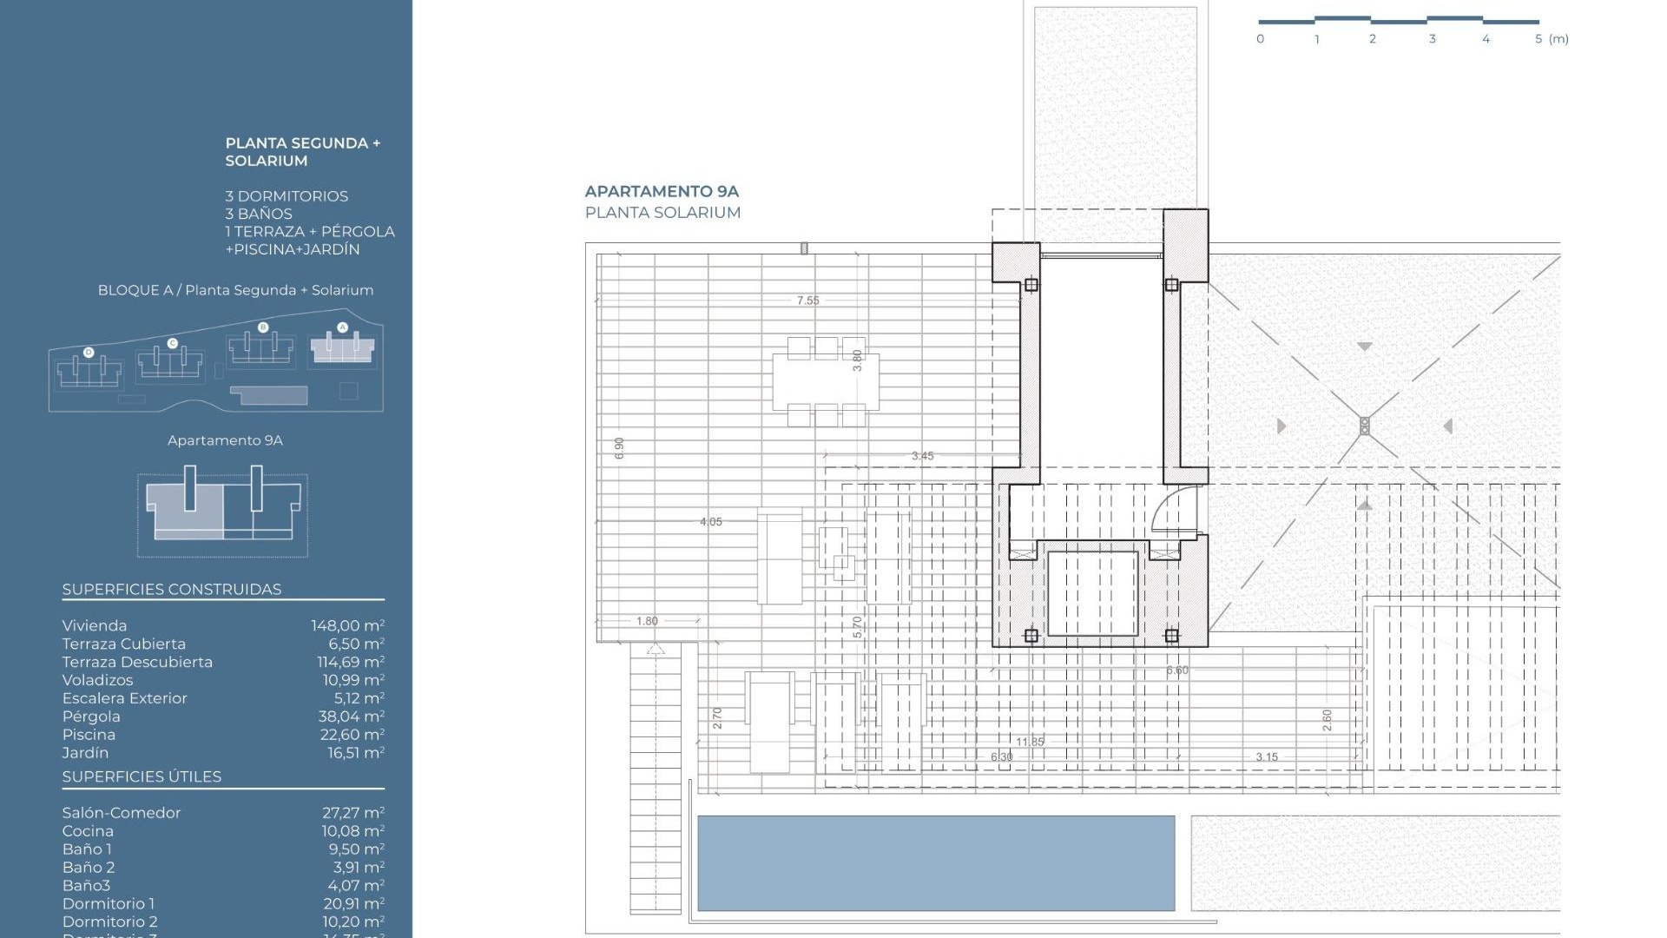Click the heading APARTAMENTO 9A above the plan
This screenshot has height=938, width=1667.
point(662,191)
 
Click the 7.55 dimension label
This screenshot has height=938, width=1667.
point(807,301)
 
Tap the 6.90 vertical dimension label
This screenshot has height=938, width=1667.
point(619,448)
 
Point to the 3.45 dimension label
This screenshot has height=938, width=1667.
point(922,456)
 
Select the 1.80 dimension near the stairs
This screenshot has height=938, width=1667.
point(647,621)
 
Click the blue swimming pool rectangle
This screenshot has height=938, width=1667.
point(935,862)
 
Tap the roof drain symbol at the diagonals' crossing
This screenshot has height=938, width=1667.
point(1364,426)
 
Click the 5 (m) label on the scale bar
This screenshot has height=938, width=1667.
point(1552,39)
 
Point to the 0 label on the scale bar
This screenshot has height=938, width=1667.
point(1260,39)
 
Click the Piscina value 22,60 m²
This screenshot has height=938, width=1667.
point(352,735)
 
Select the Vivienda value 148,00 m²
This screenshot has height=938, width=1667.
point(347,626)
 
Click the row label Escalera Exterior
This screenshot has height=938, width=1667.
point(124,698)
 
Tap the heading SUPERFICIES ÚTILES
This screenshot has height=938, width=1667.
point(142,776)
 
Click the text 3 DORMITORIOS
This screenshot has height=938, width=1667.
point(287,196)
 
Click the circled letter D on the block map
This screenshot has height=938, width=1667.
point(89,353)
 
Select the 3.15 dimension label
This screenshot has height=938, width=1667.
point(1266,757)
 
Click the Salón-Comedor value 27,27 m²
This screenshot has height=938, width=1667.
point(353,813)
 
